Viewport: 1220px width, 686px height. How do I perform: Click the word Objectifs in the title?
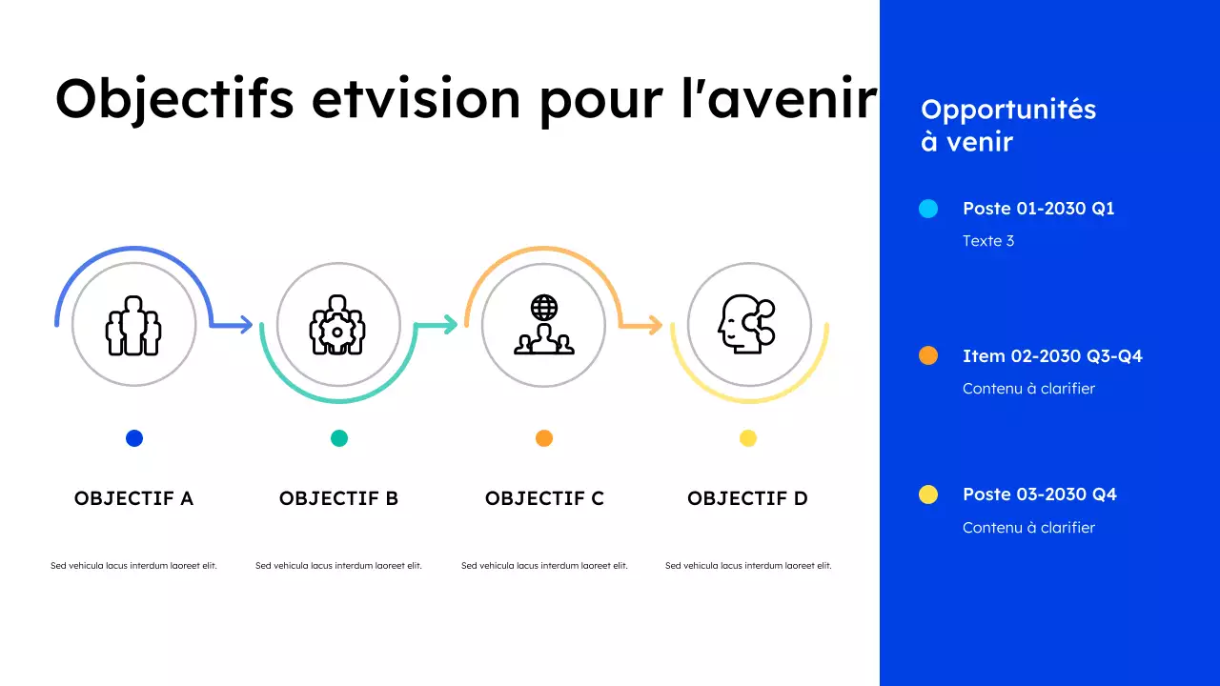(x=173, y=98)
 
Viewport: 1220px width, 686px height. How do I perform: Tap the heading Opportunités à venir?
(x=1007, y=126)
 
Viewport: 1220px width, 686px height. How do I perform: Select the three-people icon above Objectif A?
(x=133, y=325)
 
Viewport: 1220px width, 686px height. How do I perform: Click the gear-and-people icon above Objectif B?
(x=337, y=325)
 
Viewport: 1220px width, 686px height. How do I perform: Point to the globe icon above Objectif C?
(x=544, y=308)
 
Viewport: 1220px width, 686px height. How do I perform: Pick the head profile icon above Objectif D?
(x=746, y=325)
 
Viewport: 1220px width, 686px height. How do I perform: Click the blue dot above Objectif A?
(x=134, y=438)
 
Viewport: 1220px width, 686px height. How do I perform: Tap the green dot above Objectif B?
(x=339, y=438)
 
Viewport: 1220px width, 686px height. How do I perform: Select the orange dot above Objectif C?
(x=544, y=438)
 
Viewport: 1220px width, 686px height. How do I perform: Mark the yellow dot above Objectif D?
(x=748, y=438)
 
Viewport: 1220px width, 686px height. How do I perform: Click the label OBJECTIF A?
(x=133, y=498)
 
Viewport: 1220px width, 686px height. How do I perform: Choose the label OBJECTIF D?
(x=747, y=498)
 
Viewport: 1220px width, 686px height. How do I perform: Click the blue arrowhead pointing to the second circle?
(x=245, y=325)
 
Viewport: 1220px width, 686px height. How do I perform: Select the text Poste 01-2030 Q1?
(x=1038, y=209)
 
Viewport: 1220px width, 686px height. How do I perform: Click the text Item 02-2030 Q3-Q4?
(x=1052, y=356)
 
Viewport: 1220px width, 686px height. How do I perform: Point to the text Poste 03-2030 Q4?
(x=1039, y=494)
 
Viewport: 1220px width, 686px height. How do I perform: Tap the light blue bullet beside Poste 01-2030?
(x=928, y=209)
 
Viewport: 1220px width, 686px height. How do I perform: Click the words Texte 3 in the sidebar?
(x=988, y=241)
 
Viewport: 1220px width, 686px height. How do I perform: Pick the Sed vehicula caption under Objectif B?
(x=338, y=566)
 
